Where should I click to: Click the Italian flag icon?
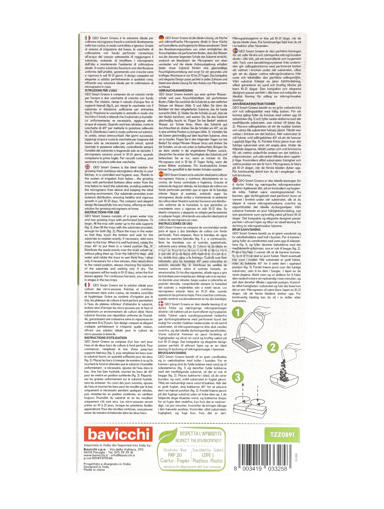(88, 38)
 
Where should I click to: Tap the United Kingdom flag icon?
(88, 167)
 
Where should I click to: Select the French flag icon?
(88, 285)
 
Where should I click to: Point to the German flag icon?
(161, 38)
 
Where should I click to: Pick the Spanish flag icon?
(161, 174)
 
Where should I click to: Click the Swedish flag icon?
(235, 51)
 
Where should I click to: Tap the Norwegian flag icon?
(235, 180)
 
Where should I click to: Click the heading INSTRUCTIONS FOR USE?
(102, 212)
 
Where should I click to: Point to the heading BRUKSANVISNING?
(246, 229)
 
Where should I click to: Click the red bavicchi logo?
(118, 434)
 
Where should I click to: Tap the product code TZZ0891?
(282, 435)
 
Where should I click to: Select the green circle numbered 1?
(238, 312)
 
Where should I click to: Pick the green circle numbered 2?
(273, 347)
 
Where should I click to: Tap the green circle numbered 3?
(238, 378)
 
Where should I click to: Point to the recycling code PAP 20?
(175, 455)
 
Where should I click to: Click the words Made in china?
(94, 470)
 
